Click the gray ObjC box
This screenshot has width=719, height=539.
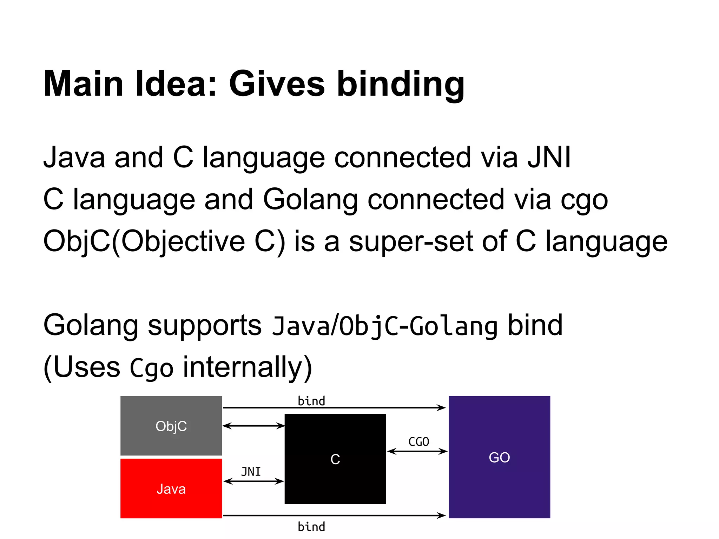(171, 426)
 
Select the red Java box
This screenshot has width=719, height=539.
(171, 488)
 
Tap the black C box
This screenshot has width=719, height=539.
(335, 459)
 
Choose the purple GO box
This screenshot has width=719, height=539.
(499, 457)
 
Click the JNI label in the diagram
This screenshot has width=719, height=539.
(251, 472)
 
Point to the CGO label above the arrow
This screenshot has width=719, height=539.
(418, 442)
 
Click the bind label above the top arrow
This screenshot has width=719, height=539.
(311, 401)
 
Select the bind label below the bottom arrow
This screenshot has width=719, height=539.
(311, 527)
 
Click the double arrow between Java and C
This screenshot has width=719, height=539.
(253, 481)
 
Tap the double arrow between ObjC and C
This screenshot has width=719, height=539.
(253, 426)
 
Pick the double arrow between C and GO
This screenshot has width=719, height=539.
(417, 451)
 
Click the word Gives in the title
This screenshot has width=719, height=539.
(277, 84)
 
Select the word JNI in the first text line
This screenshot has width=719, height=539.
(549, 157)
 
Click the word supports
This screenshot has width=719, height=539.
(205, 326)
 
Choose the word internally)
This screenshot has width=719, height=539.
(248, 367)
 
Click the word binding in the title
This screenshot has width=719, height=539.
(401, 85)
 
